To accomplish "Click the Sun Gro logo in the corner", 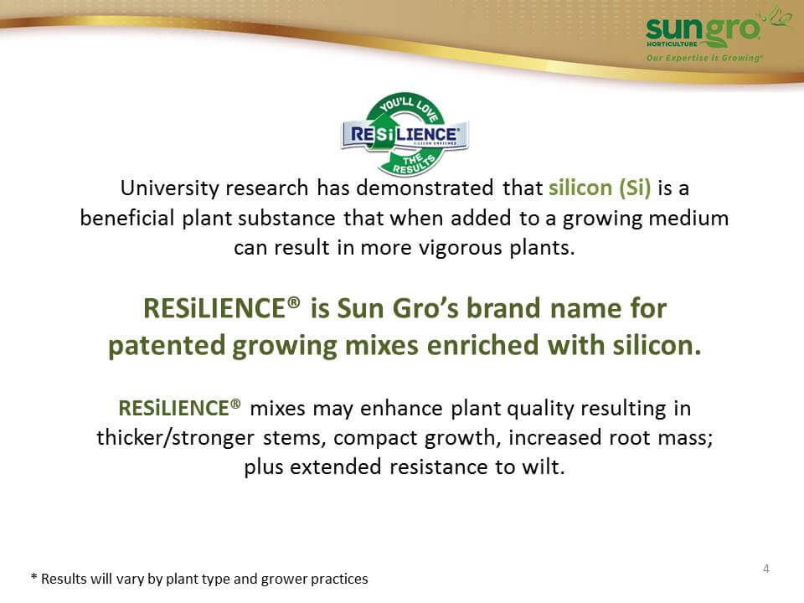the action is pyautogui.click(x=713, y=34).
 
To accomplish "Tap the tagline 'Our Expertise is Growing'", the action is pyautogui.click(x=704, y=58).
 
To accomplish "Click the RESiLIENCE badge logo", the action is pyautogui.click(x=405, y=135).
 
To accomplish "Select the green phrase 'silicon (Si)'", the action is pyautogui.click(x=600, y=188).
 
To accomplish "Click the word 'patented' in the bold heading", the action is pyautogui.click(x=167, y=346).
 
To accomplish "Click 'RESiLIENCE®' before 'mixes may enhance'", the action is pyautogui.click(x=179, y=408).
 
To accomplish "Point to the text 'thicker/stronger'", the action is pyautogui.click(x=175, y=438).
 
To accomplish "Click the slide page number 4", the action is pyautogui.click(x=766, y=569).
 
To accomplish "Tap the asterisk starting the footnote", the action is pyautogui.click(x=33, y=577).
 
